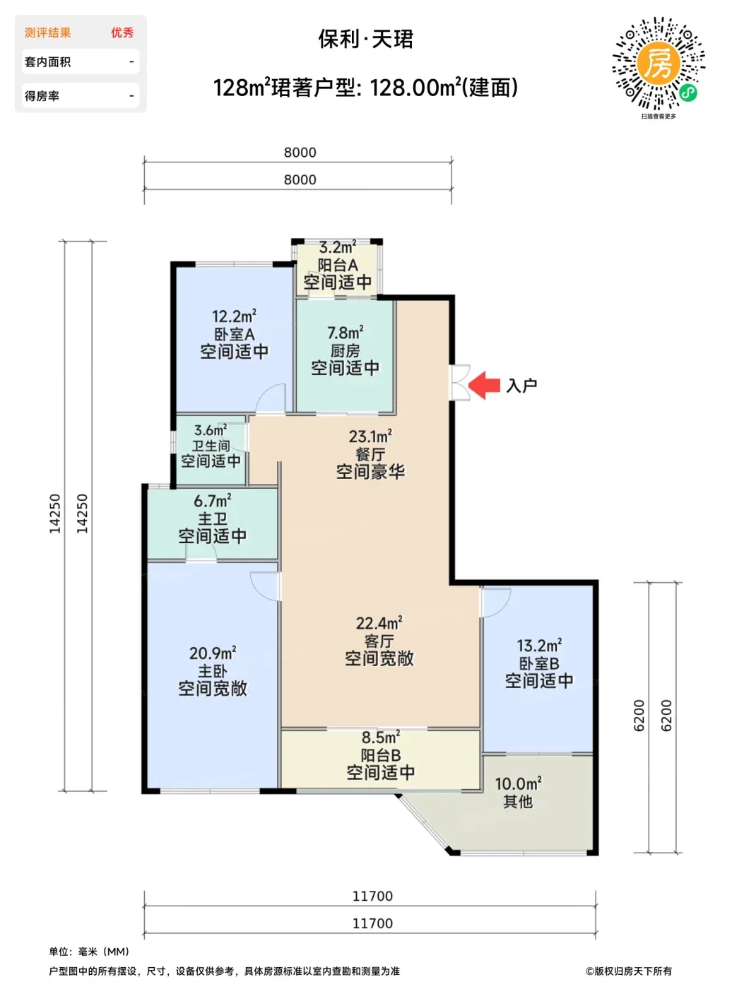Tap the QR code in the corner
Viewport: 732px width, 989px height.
[x=659, y=64]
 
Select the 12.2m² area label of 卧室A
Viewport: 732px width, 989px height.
[x=234, y=316]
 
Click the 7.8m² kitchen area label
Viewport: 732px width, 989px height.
[x=346, y=333]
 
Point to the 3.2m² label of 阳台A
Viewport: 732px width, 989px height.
[x=338, y=247]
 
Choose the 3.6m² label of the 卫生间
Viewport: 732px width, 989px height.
[x=211, y=430]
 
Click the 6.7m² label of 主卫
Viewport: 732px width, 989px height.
[x=213, y=501]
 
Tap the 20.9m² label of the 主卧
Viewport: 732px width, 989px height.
[x=213, y=653]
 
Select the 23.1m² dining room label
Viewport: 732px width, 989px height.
[x=371, y=437]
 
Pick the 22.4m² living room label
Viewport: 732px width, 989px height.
[x=379, y=623]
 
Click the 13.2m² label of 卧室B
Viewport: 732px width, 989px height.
[x=539, y=645]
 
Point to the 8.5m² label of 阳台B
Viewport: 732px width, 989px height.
[x=381, y=738]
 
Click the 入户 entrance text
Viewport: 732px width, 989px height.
[x=521, y=386]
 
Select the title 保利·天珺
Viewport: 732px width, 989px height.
[x=366, y=40]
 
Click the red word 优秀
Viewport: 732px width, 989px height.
[x=122, y=32]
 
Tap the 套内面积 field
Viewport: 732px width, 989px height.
[x=81, y=61]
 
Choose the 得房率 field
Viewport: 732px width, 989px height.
[x=81, y=95]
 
